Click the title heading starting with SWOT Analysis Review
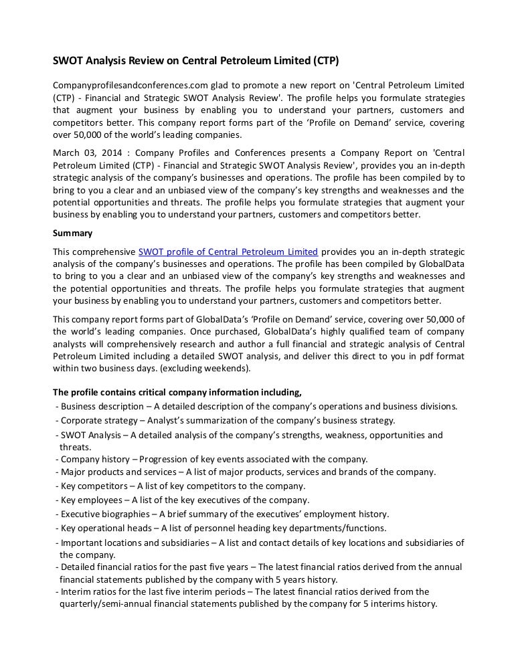click(x=196, y=61)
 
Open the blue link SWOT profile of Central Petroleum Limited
click(x=228, y=252)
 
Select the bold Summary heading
click(x=72, y=233)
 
